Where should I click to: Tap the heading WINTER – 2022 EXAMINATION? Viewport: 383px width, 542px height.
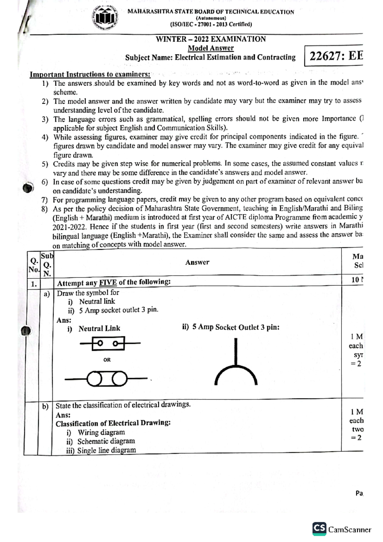point(211,39)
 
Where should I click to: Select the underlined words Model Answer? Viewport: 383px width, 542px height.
point(211,48)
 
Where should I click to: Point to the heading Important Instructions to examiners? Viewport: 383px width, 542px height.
point(90,74)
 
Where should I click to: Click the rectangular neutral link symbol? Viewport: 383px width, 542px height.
point(109,343)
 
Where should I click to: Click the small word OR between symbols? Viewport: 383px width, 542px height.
point(107,360)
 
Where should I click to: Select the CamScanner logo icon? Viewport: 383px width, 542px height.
point(319,529)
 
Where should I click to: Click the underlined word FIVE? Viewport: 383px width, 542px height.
point(108,282)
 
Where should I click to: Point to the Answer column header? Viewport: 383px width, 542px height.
point(197,262)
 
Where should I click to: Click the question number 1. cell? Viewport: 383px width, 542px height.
point(34,284)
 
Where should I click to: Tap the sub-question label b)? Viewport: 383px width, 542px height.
point(45,407)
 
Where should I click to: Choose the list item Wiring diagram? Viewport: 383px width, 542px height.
point(101,433)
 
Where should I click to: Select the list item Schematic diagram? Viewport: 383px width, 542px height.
point(106,441)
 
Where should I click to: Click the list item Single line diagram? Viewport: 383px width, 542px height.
point(107,450)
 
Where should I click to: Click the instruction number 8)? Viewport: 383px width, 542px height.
point(45,209)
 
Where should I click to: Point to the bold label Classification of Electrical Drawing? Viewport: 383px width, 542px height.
point(113,423)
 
